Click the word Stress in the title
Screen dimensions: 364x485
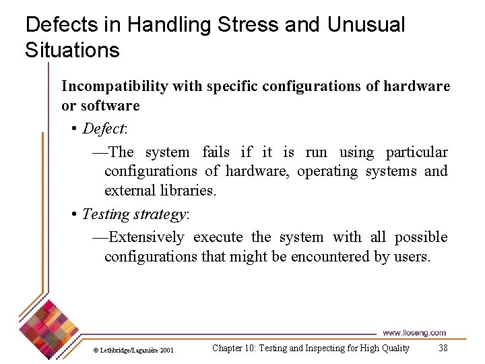[x=248, y=25]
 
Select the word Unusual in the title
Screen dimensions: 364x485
[x=366, y=25]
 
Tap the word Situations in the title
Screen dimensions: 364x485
[x=72, y=50]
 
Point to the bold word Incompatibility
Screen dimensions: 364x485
[x=115, y=86]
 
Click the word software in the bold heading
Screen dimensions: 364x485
[x=110, y=105]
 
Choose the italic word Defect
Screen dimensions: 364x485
[x=104, y=128]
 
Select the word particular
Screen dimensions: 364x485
[x=416, y=152]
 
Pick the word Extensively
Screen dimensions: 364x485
[x=146, y=237]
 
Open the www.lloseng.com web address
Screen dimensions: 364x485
[x=414, y=332]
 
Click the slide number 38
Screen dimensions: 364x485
[x=443, y=348]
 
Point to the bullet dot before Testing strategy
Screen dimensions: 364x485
[x=74, y=215]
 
